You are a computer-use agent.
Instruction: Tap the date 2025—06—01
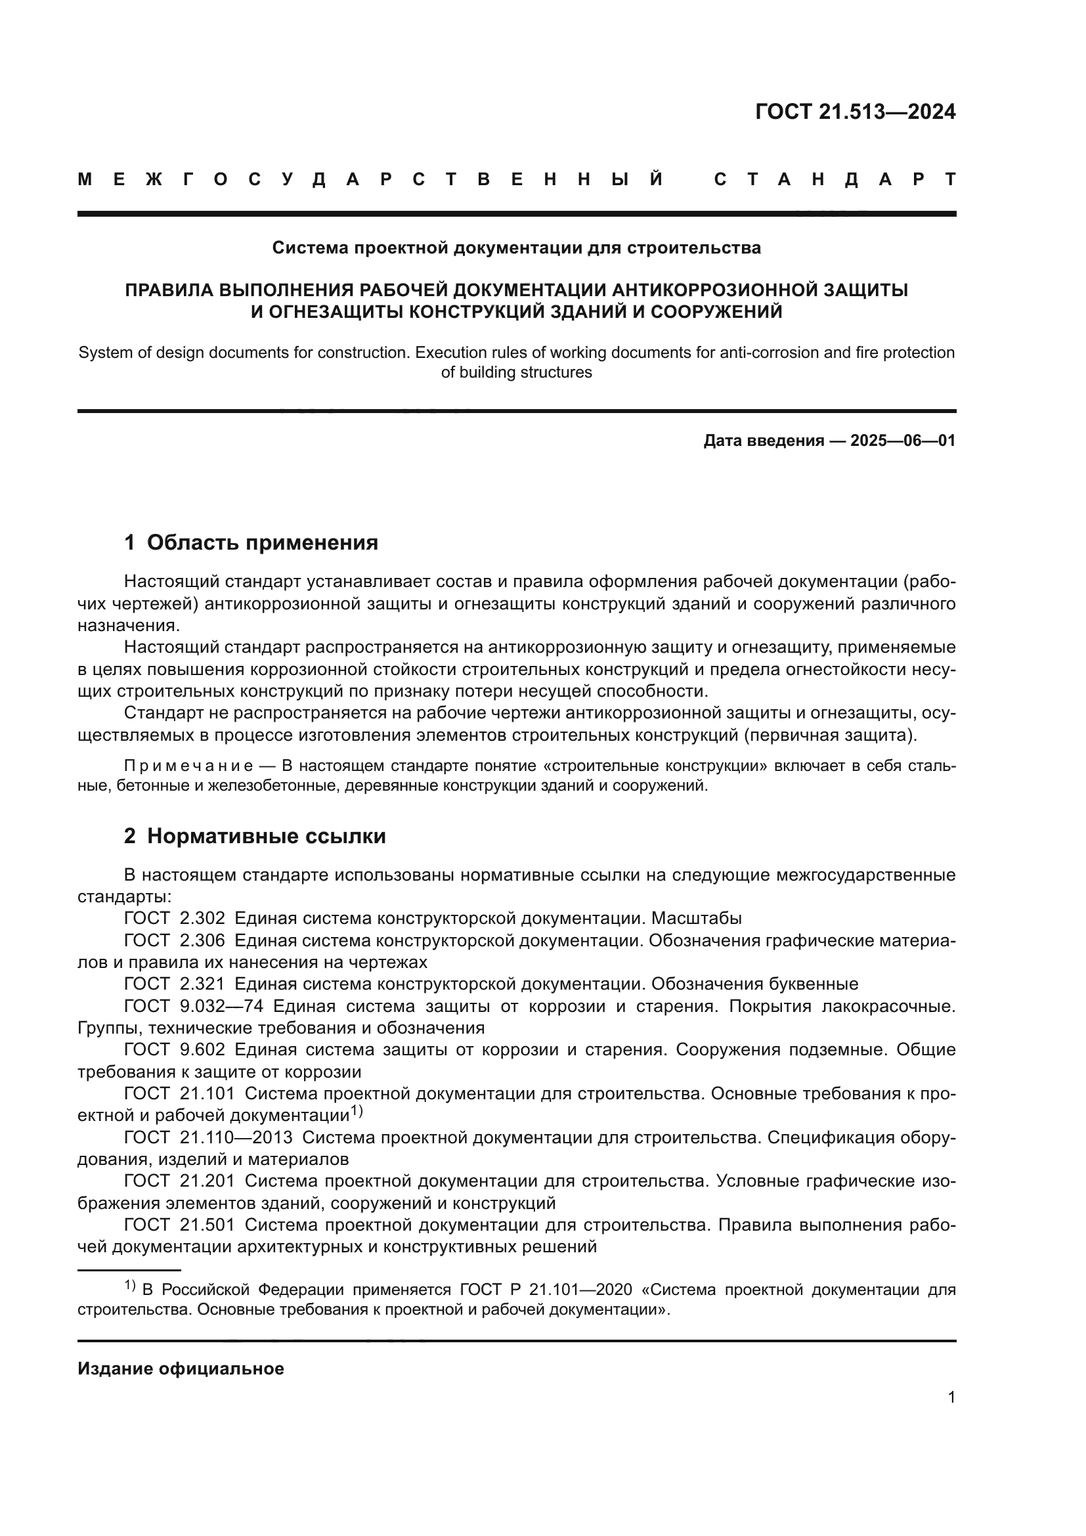click(903, 441)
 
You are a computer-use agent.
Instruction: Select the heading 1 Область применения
click(251, 542)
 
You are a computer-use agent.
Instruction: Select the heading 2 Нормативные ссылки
click(255, 836)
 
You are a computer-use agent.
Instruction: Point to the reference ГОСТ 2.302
click(175, 919)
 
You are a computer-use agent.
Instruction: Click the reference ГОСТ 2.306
click(175, 940)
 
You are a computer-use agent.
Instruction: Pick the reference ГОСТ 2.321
click(175, 984)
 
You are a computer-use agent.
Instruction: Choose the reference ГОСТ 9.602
click(175, 1049)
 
